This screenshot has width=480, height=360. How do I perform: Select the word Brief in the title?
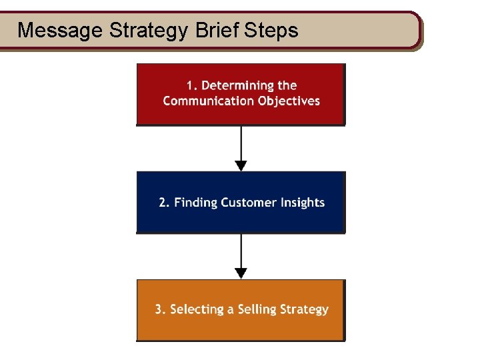click(x=213, y=30)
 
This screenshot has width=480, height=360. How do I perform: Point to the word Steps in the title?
click(x=271, y=30)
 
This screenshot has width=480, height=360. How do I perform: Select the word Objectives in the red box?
click(x=287, y=101)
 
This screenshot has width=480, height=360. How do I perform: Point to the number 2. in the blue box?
click(x=164, y=203)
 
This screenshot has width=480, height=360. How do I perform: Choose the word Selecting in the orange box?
click(x=196, y=309)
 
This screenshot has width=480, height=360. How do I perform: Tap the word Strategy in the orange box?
click(x=305, y=309)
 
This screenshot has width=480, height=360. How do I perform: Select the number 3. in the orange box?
click(x=160, y=309)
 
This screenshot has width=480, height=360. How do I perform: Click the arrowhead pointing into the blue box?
click(x=241, y=165)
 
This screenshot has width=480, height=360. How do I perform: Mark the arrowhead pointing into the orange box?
click(x=241, y=273)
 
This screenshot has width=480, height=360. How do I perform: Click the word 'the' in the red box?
click(x=288, y=85)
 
